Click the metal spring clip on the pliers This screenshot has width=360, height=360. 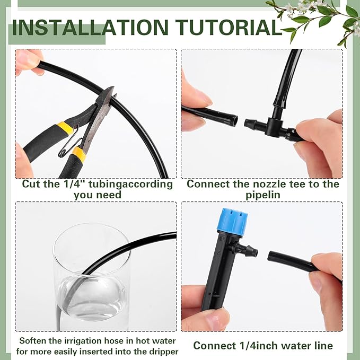pyautogui.click(x=72, y=146)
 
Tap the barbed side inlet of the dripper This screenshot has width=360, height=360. pyautogui.click(x=249, y=249)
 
